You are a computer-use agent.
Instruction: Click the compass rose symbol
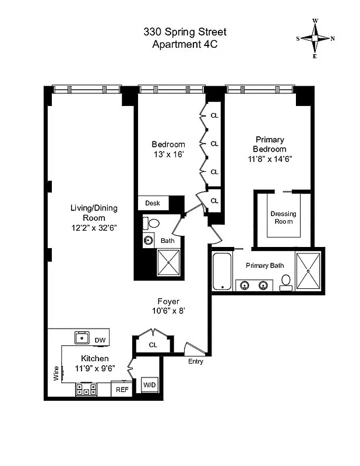point(315,38)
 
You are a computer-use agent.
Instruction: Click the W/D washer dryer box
point(150,385)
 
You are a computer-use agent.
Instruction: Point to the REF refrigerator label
point(122,390)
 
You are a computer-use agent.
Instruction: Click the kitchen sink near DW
point(80,337)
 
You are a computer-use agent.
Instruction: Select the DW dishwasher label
point(100,340)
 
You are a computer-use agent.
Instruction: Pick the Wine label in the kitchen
point(57,372)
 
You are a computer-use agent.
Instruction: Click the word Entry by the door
point(196,362)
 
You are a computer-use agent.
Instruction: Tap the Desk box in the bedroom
point(153,203)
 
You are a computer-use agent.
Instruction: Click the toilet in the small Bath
point(153,223)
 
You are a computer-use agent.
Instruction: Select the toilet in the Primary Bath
point(285,282)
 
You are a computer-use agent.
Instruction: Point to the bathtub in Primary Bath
point(222,271)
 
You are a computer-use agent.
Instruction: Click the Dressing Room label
point(283,217)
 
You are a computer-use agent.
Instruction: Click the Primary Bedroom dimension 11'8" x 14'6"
point(270,158)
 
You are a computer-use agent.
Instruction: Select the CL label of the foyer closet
point(153,345)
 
